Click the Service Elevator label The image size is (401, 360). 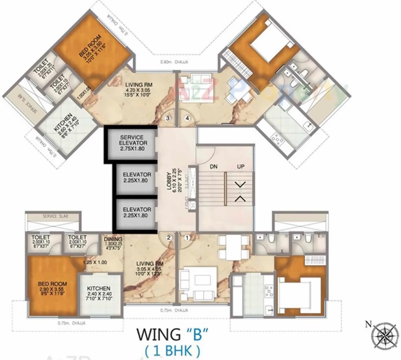tap(132, 143)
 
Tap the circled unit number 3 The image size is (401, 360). tap(168, 118)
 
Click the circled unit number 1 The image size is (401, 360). tap(187, 238)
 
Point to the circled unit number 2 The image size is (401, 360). tap(168, 237)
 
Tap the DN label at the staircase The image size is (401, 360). tap(214, 167)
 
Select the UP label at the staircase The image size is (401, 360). tap(241, 167)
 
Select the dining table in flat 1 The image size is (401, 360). tap(233, 247)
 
